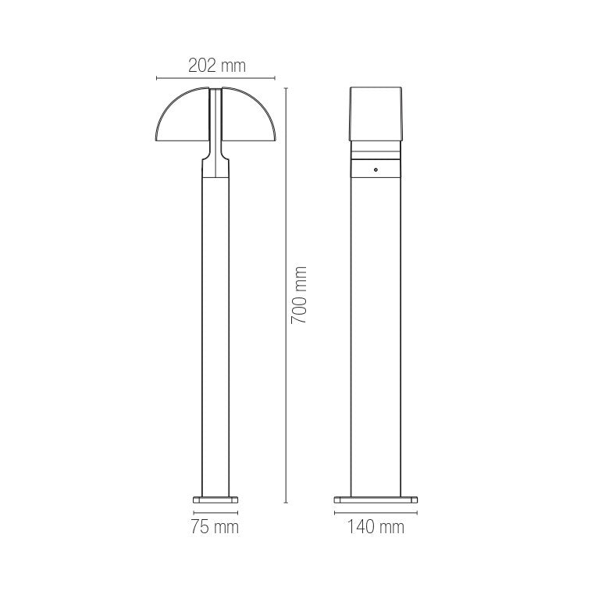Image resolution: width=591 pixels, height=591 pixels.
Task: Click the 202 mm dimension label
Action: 217,66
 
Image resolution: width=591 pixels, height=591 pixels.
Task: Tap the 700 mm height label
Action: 299,295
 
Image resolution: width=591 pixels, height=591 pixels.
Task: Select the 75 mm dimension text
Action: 215,526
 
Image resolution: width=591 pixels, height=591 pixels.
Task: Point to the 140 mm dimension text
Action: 376,526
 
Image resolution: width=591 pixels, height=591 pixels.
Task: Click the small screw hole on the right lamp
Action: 376,169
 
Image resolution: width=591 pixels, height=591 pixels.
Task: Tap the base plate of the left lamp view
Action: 215,500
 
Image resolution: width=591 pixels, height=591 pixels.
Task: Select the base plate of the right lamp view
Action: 376,500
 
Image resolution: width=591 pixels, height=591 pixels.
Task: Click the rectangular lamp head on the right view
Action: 376,114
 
